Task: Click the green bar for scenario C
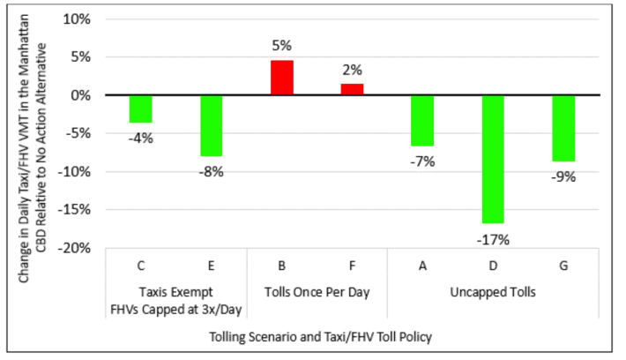141,109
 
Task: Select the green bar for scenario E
212,125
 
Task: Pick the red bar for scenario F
353,89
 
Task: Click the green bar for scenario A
423,120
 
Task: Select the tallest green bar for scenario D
494,159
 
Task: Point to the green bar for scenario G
564,128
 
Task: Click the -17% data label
494,239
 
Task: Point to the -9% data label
564,176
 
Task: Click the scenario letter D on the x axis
494,265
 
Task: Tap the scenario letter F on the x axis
353,265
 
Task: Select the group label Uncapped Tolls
494,291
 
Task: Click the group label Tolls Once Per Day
317,291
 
